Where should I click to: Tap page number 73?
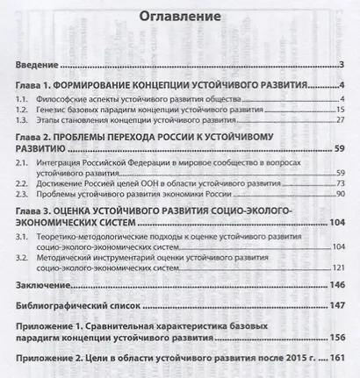pos(336,182)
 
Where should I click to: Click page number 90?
pos(336,193)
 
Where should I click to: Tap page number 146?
pos(334,286)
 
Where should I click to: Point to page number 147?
pos(334,306)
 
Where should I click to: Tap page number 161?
pos(334,360)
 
